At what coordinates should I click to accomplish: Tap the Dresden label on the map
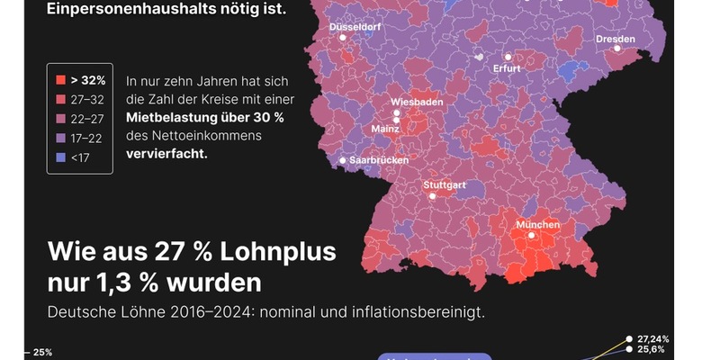point(616,39)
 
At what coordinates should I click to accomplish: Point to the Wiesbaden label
point(417,102)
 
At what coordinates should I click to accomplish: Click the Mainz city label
point(385,129)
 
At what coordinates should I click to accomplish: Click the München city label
point(537,224)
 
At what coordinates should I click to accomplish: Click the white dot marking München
point(531,236)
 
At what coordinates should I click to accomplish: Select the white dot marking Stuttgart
point(432,195)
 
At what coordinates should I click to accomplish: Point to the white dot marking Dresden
point(617,49)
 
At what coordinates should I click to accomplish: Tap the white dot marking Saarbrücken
point(342,161)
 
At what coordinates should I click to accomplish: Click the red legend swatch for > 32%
point(59,80)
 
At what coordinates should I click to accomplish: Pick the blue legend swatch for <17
point(59,157)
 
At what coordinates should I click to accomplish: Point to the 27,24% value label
point(652,338)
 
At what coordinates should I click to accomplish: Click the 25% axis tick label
point(42,352)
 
